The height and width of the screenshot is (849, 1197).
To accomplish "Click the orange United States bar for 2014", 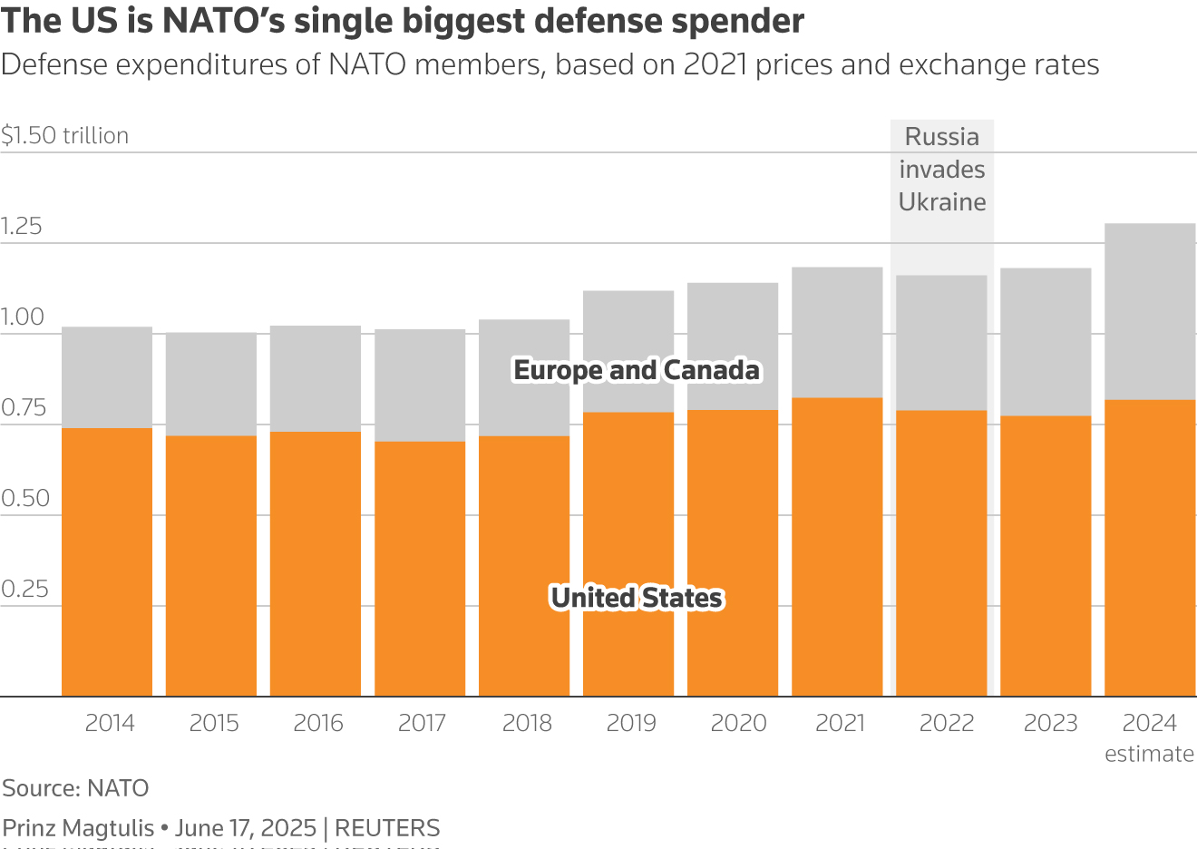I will click(x=107, y=562).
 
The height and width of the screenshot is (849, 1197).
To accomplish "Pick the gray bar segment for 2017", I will click(x=420, y=385).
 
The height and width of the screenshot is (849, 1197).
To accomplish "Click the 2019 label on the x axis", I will click(x=631, y=723).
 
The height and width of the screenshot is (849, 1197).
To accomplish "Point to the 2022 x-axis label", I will click(x=946, y=723).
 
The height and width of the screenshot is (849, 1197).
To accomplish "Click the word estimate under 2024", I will click(x=1149, y=754).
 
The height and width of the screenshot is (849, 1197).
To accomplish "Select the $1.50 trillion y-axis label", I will click(x=65, y=136).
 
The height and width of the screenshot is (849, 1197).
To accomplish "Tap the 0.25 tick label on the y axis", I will click(x=24, y=590).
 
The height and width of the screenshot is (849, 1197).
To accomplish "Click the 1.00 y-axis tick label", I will click(x=23, y=317).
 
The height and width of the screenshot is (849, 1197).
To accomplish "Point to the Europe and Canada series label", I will click(x=637, y=370).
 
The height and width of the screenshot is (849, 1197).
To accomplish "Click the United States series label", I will click(x=637, y=598).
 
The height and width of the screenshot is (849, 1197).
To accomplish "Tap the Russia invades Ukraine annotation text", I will click(x=942, y=170).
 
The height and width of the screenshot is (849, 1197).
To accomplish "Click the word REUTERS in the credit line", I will click(x=387, y=828).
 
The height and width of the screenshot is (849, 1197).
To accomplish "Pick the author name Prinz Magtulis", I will click(x=78, y=828).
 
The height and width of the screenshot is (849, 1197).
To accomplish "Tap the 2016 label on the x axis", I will click(x=318, y=723).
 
